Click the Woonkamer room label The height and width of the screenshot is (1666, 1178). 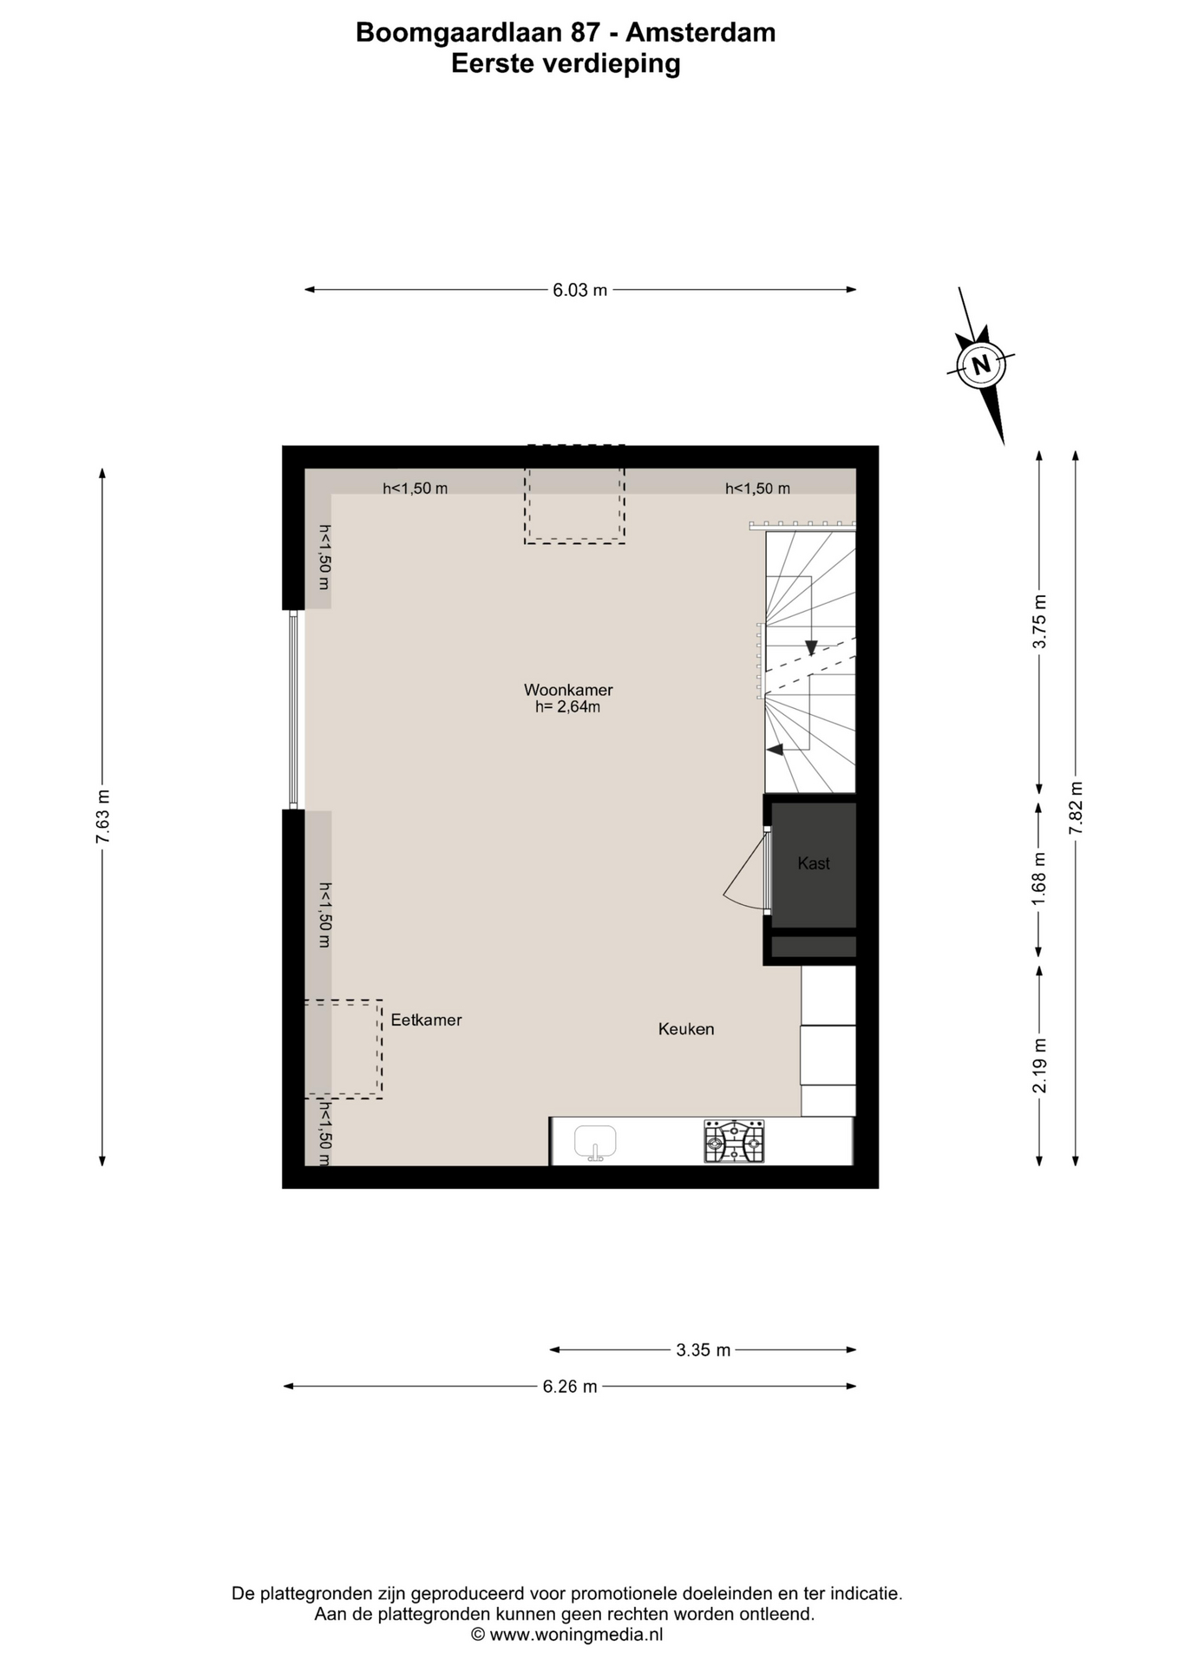(x=568, y=690)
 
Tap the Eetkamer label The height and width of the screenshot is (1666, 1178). (x=426, y=1020)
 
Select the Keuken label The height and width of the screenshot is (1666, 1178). (x=686, y=1029)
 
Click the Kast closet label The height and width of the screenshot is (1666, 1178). (x=814, y=863)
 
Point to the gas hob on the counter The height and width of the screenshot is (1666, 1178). (x=734, y=1141)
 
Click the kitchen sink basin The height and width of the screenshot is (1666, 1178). (x=595, y=1141)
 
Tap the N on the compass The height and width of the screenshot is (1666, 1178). (x=981, y=364)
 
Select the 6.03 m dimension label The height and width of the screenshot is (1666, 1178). (x=580, y=290)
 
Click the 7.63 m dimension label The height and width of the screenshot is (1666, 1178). (x=103, y=817)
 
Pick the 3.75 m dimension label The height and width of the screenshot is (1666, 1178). (x=1039, y=621)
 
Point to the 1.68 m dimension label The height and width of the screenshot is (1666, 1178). (x=1039, y=879)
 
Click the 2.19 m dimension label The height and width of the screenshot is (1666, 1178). (x=1039, y=1066)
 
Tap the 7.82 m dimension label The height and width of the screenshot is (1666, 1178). (x=1076, y=808)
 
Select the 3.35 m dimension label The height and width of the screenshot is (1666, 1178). (x=704, y=1350)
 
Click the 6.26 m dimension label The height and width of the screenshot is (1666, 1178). (x=570, y=1387)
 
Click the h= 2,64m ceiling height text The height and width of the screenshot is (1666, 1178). (x=567, y=707)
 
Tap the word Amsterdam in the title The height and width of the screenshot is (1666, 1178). (x=701, y=33)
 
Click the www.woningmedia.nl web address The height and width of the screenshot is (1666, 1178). (x=576, y=1635)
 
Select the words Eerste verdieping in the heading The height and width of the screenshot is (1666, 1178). (x=566, y=64)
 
